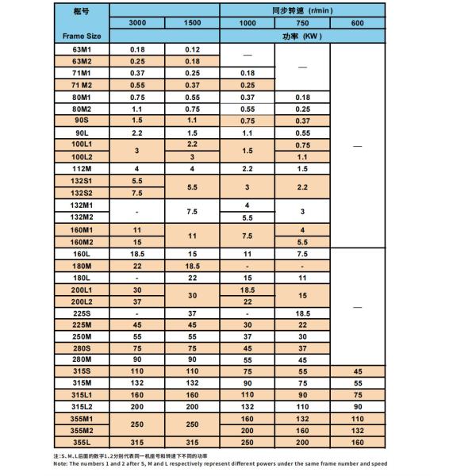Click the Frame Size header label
click(82, 36)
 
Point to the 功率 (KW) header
click(301, 36)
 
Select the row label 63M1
click(82, 49)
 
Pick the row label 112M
click(82, 169)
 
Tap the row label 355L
click(82, 442)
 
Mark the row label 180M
click(82, 266)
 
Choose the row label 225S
click(82, 313)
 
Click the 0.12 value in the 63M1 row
click(192, 49)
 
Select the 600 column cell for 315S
click(357, 370)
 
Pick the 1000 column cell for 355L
click(248, 442)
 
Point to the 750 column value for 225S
click(302, 313)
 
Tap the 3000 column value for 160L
click(137, 254)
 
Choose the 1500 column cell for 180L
click(192, 278)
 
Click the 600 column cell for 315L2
click(357, 406)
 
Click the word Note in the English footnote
click(60, 464)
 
